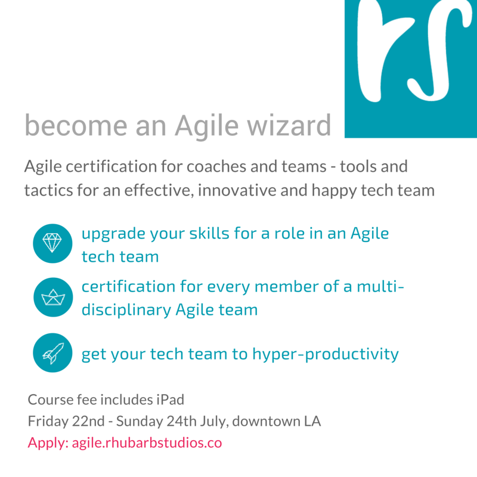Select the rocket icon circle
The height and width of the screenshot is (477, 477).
[x=52, y=353]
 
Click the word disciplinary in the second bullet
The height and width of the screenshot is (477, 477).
[x=126, y=310]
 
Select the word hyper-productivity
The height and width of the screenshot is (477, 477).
[x=326, y=354]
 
